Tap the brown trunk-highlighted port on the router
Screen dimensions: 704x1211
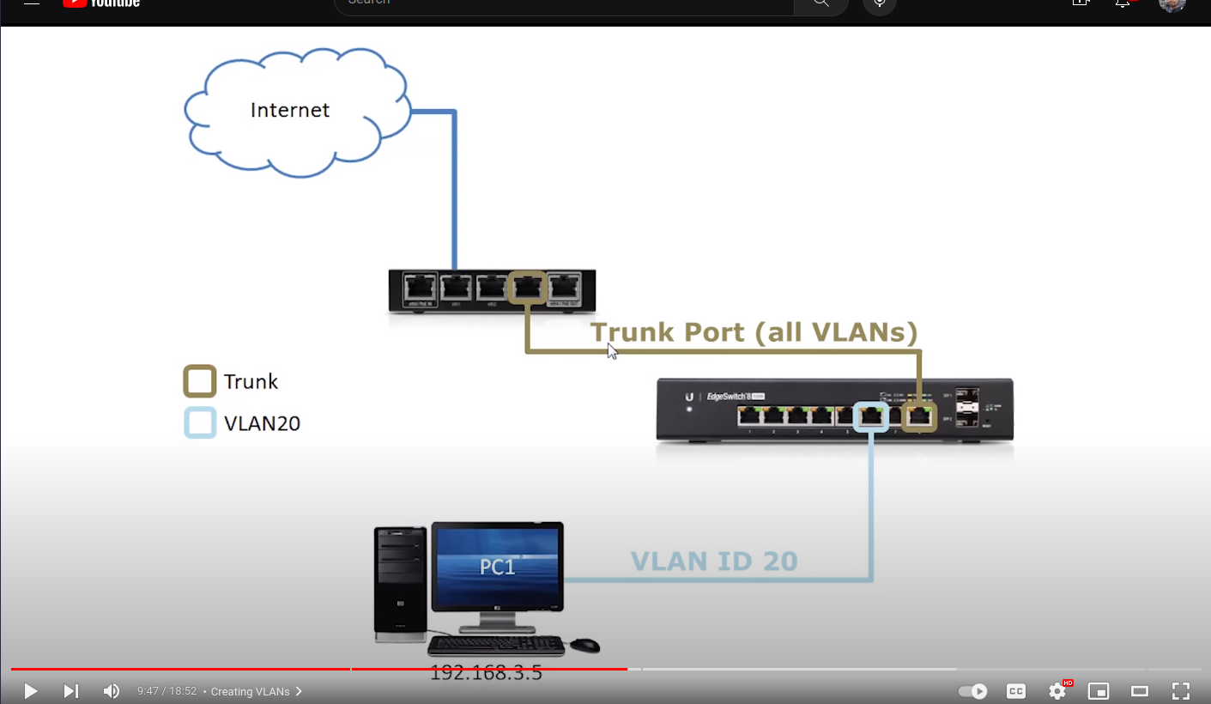(527, 288)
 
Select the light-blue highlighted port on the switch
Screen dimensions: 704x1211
(872, 416)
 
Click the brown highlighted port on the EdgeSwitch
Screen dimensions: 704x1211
(919, 416)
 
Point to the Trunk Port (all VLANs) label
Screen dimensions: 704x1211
(754, 332)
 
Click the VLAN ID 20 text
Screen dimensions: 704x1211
(714, 561)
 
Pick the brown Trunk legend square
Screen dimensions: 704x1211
(200, 382)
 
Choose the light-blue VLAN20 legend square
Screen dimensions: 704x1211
(200, 423)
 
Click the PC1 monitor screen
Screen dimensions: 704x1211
(498, 567)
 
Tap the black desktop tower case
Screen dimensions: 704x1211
(400, 584)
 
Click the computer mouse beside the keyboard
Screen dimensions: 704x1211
(584, 645)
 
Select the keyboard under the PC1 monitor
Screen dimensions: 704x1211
(496, 646)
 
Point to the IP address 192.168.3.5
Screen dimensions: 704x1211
(486, 673)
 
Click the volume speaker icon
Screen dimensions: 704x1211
(112, 691)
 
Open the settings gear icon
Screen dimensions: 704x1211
(1057, 691)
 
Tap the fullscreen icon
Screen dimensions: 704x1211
(1181, 691)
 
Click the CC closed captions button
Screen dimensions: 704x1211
(1016, 691)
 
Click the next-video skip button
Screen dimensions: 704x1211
(71, 691)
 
